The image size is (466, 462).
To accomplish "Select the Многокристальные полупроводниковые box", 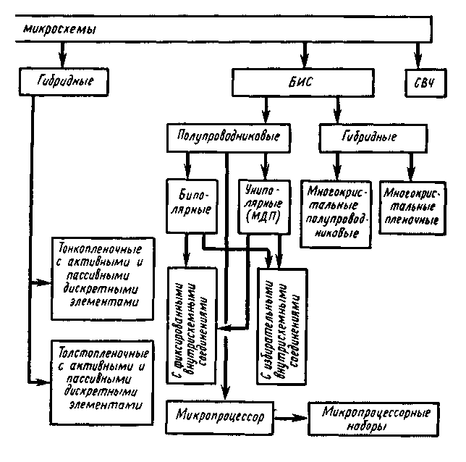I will [334, 209].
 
